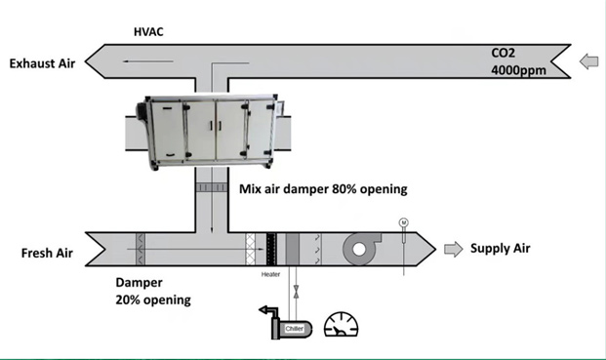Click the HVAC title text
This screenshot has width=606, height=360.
(148, 31)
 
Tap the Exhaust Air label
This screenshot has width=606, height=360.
(42, 63)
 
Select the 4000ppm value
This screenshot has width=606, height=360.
(518, 70)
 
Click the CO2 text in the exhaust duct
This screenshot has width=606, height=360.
(503, 53)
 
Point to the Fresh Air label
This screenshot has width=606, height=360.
(47, 253)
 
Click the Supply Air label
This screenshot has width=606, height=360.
(500, 249)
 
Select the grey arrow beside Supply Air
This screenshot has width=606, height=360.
(454, 249)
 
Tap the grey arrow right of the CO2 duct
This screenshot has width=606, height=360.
(589, 61)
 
